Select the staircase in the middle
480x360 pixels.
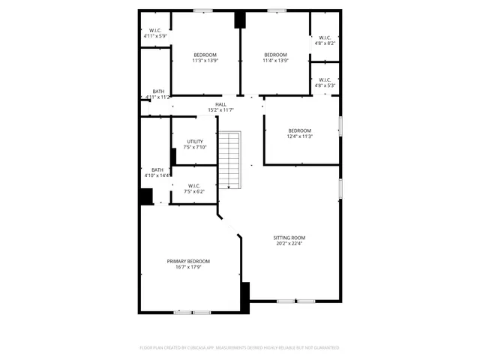coord(230,161)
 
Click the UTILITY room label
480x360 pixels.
coord(195,141)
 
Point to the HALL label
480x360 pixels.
coord(220,105)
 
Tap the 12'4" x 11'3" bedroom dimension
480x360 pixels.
coord(299,136)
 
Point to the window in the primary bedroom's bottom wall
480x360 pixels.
coord(192,312)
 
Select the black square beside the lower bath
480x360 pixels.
coord(145,196)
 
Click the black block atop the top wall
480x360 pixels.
coord(240,20)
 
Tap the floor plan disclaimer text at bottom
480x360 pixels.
coord(239,348)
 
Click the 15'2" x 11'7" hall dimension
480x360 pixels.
coord(220,111)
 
